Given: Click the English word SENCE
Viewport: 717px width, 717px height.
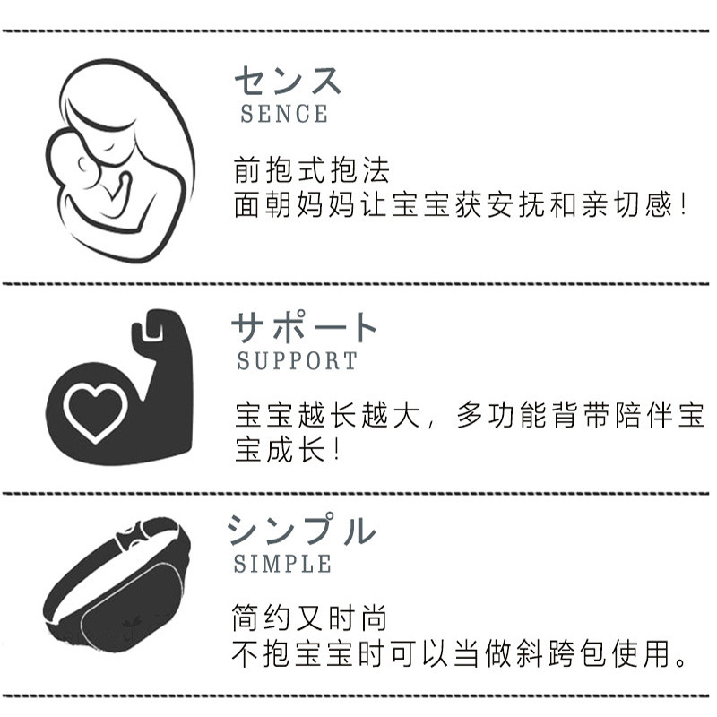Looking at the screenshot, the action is point(284,114).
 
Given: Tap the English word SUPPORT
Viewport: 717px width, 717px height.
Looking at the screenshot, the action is point(298,361).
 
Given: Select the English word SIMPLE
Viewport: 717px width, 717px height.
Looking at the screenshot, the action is point(282,564).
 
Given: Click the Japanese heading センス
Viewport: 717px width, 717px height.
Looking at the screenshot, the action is point(288,81).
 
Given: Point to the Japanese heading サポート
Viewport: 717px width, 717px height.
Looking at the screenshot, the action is point(304,326).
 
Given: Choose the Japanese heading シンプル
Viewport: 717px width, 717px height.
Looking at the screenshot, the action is point(302,530).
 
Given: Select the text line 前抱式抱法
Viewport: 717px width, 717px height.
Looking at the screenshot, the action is point(311,170).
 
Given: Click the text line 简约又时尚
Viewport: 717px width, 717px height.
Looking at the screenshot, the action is point(309,618).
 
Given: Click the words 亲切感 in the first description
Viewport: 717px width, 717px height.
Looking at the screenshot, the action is point(626,204).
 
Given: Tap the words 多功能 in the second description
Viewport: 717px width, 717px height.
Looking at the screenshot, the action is point(502,415).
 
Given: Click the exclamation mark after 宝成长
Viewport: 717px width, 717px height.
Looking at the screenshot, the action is point(337,450).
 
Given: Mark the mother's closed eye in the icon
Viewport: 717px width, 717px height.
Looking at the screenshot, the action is point(108,147).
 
